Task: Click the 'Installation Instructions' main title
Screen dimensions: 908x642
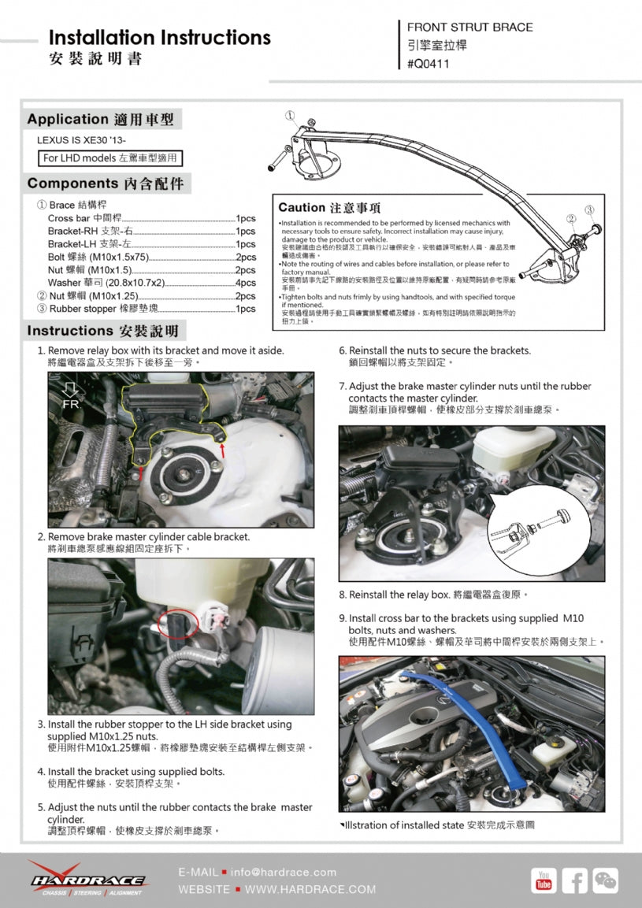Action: point(159,38)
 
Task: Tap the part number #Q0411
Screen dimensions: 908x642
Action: point(429,65)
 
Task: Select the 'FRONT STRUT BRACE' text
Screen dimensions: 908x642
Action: point(469,28)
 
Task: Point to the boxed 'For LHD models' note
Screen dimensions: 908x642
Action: point(111,158)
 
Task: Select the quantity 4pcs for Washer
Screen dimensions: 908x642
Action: point(245,283)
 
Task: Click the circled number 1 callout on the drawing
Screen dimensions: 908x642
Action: point(290,115)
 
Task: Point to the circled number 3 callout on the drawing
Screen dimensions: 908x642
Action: point(588,210)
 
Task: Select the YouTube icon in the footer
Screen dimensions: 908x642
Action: point(544,880)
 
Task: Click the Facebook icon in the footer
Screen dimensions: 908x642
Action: point(574,880)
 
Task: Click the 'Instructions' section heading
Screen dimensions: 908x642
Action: point(102,331)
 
